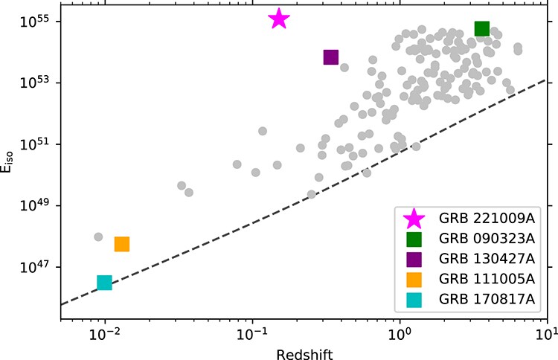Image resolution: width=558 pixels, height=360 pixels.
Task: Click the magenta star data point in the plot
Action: [278, 19]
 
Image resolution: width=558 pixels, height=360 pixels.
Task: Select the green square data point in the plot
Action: [481, 28]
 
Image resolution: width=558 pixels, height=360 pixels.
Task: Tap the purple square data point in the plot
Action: [331, 57]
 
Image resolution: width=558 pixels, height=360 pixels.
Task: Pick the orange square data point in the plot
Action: [122, 244]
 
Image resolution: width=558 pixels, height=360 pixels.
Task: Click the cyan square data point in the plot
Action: [104, 283]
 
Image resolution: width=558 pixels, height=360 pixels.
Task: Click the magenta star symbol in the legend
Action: [414, 218]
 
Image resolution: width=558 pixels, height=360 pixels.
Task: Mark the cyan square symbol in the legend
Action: [414, 300]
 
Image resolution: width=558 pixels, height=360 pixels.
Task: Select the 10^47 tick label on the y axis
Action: [33, 267]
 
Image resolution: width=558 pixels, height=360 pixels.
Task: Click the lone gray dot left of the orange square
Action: [98, 237]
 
